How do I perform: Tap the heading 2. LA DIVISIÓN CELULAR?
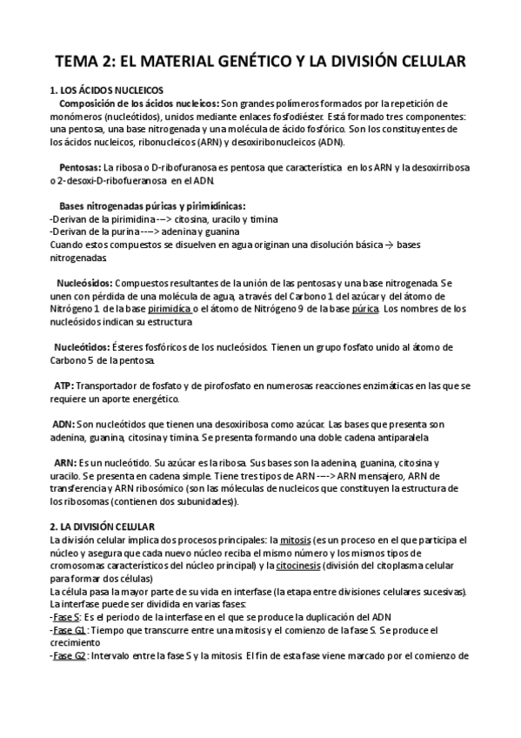click(103, 527)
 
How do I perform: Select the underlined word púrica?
click(364, 309)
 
